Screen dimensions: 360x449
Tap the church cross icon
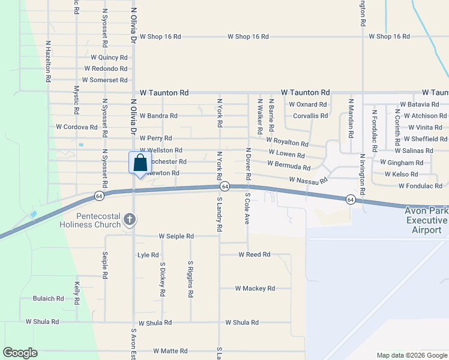tap(128, 220)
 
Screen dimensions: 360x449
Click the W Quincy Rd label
tap(109, 58)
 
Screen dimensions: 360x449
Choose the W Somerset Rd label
tap(105, 80)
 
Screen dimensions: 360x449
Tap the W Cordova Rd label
tap(77, 127)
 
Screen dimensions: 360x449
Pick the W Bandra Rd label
tap(158, 116)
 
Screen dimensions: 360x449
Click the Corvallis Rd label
tap(310, 116)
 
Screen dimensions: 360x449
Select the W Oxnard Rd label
tap(307, 104)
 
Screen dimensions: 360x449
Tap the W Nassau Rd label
tap(308, 180)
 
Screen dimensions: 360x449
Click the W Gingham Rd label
tap(402, 163)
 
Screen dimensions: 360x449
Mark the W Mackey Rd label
tap(255, 289)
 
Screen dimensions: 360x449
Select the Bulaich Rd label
tap(48, 298)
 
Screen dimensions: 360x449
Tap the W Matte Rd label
tap(170, 351)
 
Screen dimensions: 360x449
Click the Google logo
tap(20, 353)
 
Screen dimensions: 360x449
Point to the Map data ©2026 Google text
tap(411, 355)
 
